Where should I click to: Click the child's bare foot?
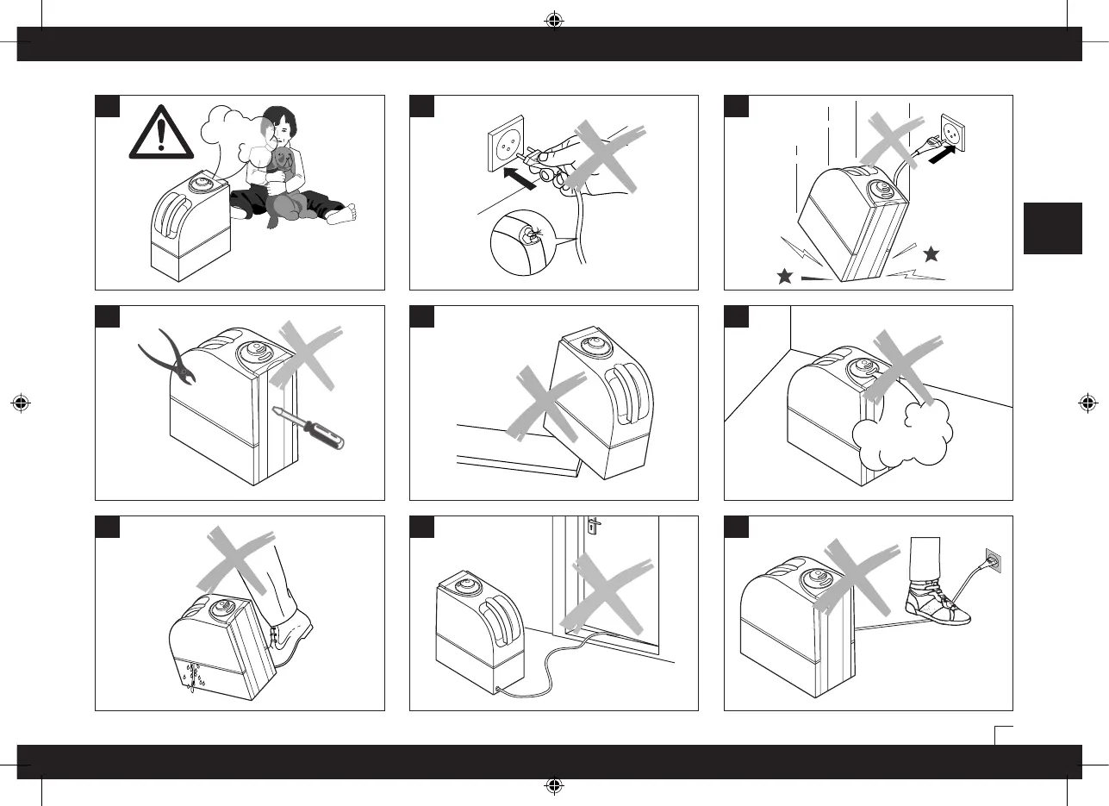[341, 214]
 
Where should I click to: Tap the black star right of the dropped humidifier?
[930, 254]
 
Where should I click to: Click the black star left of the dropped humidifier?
[784, 277]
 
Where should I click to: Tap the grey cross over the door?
[607, 595]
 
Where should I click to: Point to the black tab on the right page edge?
[1052, 228]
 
